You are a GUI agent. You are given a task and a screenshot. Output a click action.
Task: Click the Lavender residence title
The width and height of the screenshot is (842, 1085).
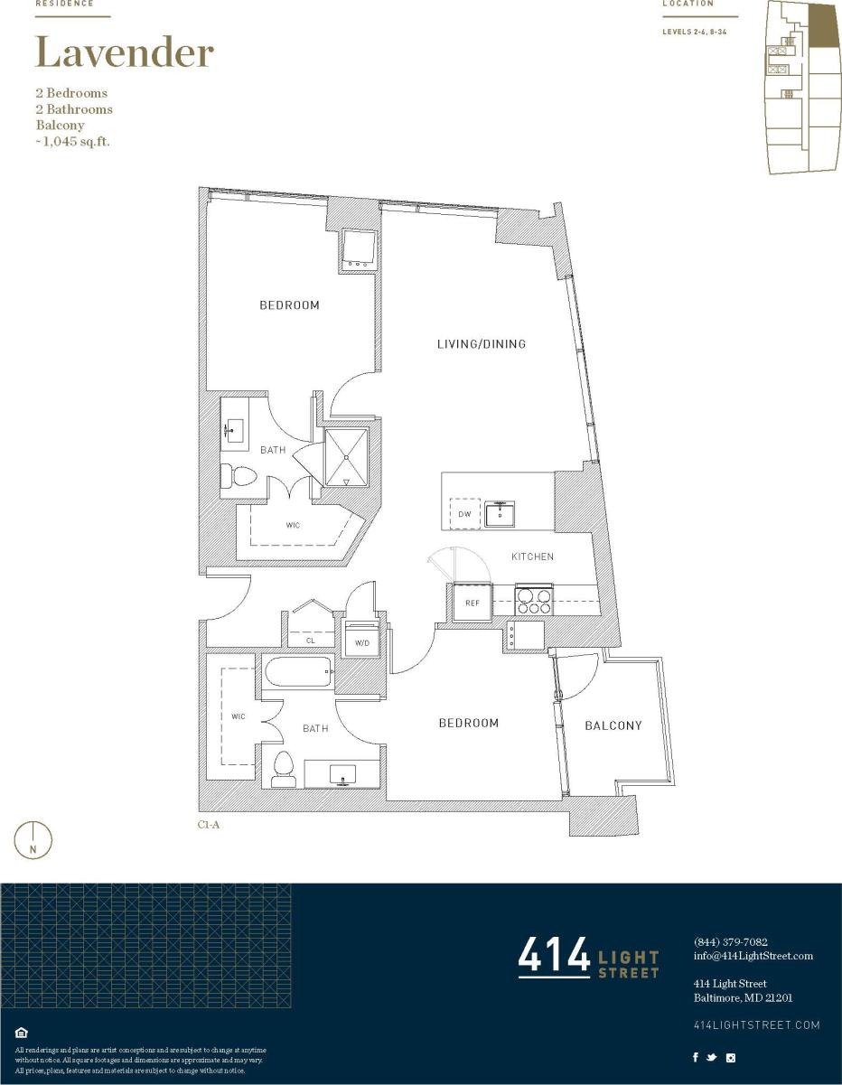pyautogui.click(x=124, y=53)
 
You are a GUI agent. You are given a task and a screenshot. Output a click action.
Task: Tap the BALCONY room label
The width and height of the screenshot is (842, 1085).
pyautogui.click(x=613, y=725)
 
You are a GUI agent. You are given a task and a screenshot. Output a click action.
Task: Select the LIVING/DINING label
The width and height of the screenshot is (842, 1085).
pyautogui.click(x=481, y=344)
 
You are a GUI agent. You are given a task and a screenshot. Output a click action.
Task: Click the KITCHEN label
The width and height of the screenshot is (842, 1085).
pyautogui.click(x=532, y=557)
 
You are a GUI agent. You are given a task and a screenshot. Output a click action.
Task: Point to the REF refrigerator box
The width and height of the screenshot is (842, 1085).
pyautogui.click(x=472, y=603)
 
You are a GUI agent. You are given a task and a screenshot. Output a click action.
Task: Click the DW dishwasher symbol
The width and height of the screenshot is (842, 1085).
pyautogui.click(x=464, y=514)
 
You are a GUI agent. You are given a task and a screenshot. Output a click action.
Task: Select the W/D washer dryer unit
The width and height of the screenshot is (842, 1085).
pyautogui.click(x=363, y=640)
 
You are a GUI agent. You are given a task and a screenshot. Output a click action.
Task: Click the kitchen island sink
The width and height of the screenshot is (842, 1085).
pyautogui.click(x=500, y=515)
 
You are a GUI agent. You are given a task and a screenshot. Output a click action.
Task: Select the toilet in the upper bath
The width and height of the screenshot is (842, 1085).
pyautogui.click(x=237, y=477)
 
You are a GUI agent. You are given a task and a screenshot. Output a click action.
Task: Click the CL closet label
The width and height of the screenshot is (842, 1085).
pyautogui.click(x=310, y=641)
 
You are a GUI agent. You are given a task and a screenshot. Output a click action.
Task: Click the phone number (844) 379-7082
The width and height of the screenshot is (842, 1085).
pyautogui.click(x=730, y=941)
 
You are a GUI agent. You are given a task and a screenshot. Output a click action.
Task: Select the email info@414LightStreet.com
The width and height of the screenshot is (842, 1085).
pyautogui.click(x=753, y=956)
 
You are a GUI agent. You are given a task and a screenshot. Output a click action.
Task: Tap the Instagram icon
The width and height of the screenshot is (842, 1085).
pyautogui.click(x=731, y=1058)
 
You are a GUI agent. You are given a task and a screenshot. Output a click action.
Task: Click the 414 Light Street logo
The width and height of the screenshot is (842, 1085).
pyautogui.click(x=588, y=958)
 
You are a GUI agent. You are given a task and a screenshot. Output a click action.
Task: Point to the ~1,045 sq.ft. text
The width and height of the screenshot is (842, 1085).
pyautogui.click(x=72, y=142)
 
